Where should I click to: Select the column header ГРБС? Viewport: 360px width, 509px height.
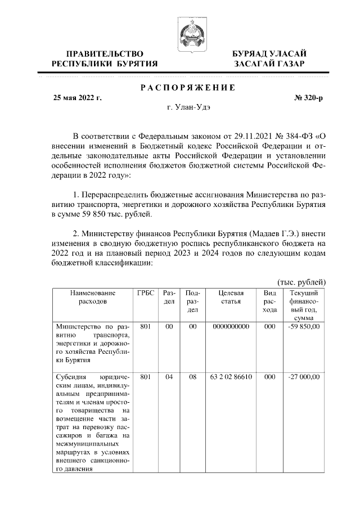point(145,293)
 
